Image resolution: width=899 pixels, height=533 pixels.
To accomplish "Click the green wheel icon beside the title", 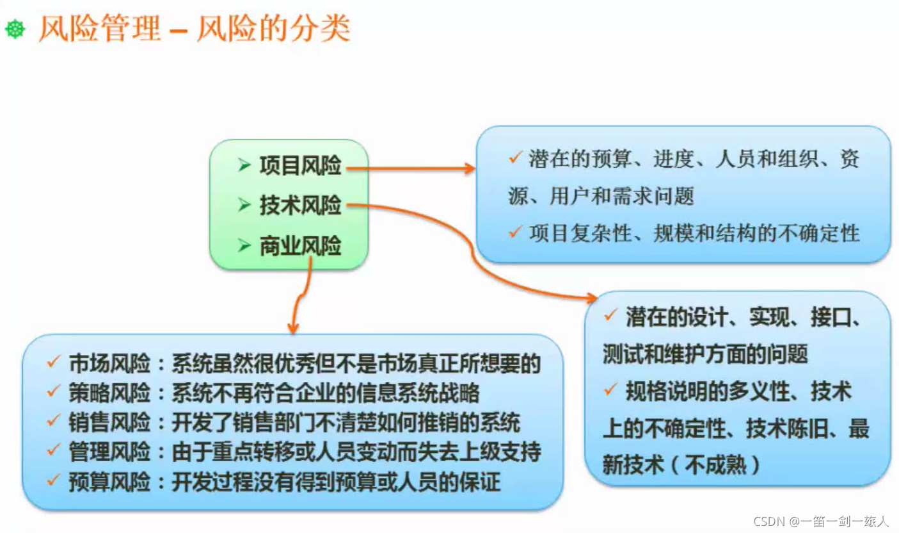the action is [x=15, y=29].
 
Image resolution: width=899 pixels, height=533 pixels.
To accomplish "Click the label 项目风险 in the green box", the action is [x=300, y=165].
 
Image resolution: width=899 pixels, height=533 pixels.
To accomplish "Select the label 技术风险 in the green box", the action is [x=300, y=205].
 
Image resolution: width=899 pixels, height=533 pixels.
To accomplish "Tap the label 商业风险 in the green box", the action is [x=300, y=245].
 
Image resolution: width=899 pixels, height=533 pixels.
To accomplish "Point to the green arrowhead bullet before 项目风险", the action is [x=244, y=165].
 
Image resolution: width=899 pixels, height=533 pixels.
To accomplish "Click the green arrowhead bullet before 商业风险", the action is [x=244, y=245].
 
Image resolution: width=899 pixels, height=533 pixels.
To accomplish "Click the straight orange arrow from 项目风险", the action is [x=411, y=168].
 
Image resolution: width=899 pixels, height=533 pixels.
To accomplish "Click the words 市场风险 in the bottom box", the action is [x=109, y=363].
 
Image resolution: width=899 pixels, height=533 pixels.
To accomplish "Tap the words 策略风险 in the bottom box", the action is [x=109, y=393].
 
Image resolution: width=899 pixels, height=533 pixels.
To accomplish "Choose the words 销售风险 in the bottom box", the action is [x=109, y=422].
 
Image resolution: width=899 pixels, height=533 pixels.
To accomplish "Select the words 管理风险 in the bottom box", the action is [x=109, y=452].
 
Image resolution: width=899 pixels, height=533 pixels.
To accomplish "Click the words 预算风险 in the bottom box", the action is [x=109, y=482].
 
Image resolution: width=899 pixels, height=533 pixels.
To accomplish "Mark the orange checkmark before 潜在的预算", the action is [x=515, y=157].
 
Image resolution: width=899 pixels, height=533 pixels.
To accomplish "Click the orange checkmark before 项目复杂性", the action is [x=515, y=231].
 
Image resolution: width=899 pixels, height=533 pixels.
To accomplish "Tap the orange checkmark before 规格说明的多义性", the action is [x=610, y=389].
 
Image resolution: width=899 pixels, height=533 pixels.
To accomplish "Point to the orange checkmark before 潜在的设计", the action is [x=610, y=315].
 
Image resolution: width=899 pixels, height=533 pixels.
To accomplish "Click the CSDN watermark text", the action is [x=821, y=521].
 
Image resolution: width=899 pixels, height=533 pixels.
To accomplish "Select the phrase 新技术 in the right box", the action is [x=633, y=465].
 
